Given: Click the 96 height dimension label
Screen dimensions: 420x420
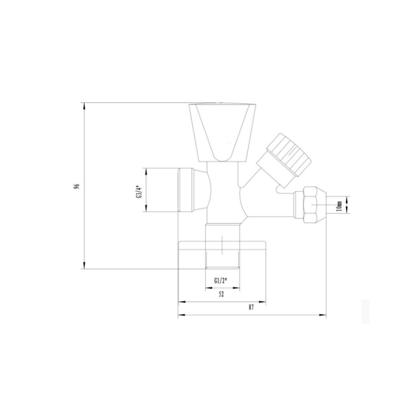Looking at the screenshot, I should (x=77, y=186).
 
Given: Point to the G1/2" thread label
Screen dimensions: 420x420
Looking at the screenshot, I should (x=221, y=281).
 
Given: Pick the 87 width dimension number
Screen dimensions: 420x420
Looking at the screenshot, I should (x=251, y=308).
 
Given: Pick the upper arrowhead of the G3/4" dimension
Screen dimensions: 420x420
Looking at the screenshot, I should (x=146, y=170).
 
